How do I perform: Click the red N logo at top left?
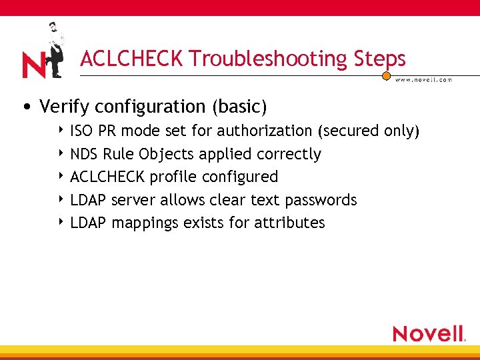pos(33,65)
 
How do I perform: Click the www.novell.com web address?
pos(423,79)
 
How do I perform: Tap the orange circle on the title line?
pos(386,76)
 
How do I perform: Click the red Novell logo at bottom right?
pos(429,333)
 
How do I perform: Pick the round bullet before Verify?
pos(25,107)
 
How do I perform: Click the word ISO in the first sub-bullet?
pos(81,131)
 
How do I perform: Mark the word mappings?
pos(145,223)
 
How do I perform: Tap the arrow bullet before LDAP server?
pos(61,199)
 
